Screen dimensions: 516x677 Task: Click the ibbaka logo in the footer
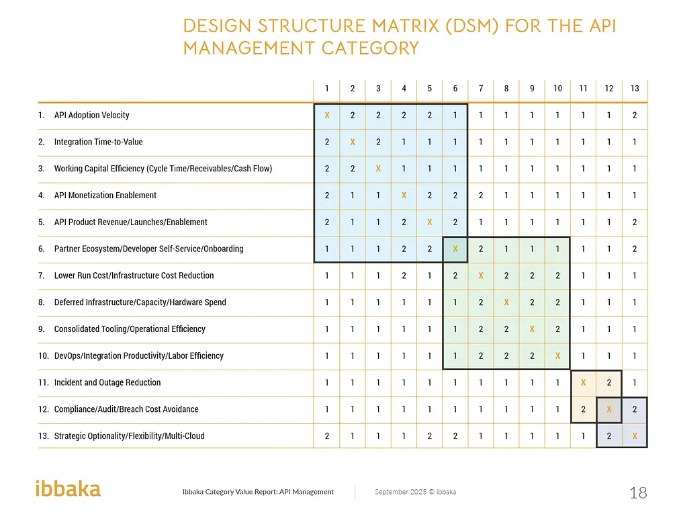(x=68, y=488)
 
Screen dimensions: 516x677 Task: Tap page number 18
(x=638, y=493)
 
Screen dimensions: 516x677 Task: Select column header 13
(x=635, y=88)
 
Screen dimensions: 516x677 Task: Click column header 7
(x=481, y=88)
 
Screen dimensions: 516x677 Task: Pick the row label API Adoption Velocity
(x=91, y=115)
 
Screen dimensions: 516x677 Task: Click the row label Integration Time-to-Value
(x=98, y=142)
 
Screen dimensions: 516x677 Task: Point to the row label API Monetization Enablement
(x=105, y=196)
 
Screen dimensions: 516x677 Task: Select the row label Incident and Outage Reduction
(x=107, y=382)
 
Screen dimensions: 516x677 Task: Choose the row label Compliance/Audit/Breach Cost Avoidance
(x=126, y=409)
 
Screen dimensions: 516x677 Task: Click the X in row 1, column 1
(x=327, y=115)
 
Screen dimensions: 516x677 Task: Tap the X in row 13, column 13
(x=635, y=435)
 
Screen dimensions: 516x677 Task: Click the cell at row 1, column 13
(x=635, y=115)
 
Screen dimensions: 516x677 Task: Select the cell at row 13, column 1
(x=327, y=435)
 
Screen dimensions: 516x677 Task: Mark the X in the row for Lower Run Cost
(x=481, y=275)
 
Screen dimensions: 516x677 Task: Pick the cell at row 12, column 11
(x=584, y=409)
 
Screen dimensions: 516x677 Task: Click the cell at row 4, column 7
(x=481, y=196)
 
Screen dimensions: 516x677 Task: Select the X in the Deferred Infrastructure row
(x=506, y=302)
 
